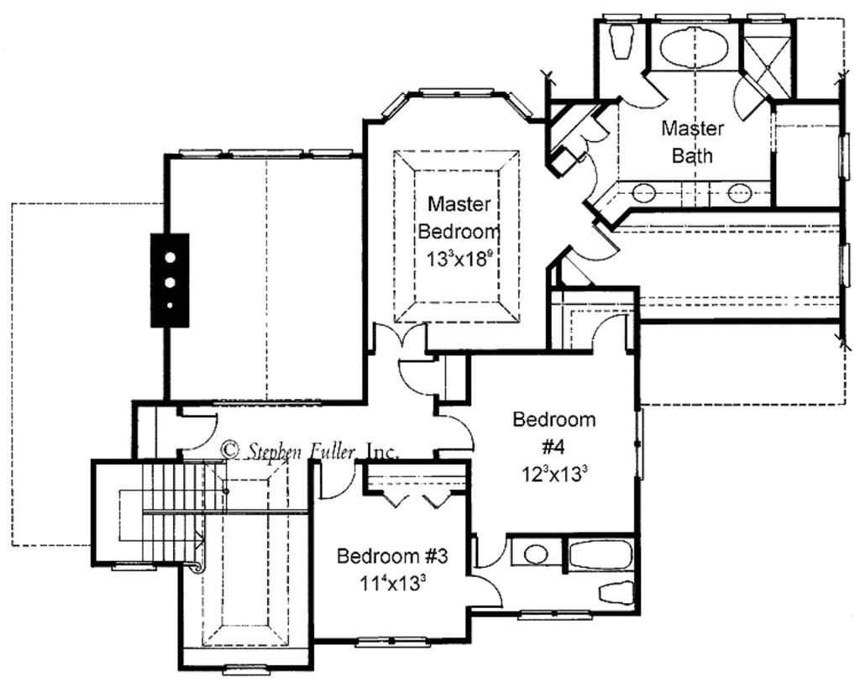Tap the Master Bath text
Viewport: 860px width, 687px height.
point(692,142)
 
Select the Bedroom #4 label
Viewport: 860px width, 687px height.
point(554,430)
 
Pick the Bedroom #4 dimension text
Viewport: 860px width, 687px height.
point(553,472)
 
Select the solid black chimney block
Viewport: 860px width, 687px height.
point(170,280)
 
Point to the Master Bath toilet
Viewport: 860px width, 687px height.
point(621,39)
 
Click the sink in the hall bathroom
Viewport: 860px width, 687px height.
point(532,554)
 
